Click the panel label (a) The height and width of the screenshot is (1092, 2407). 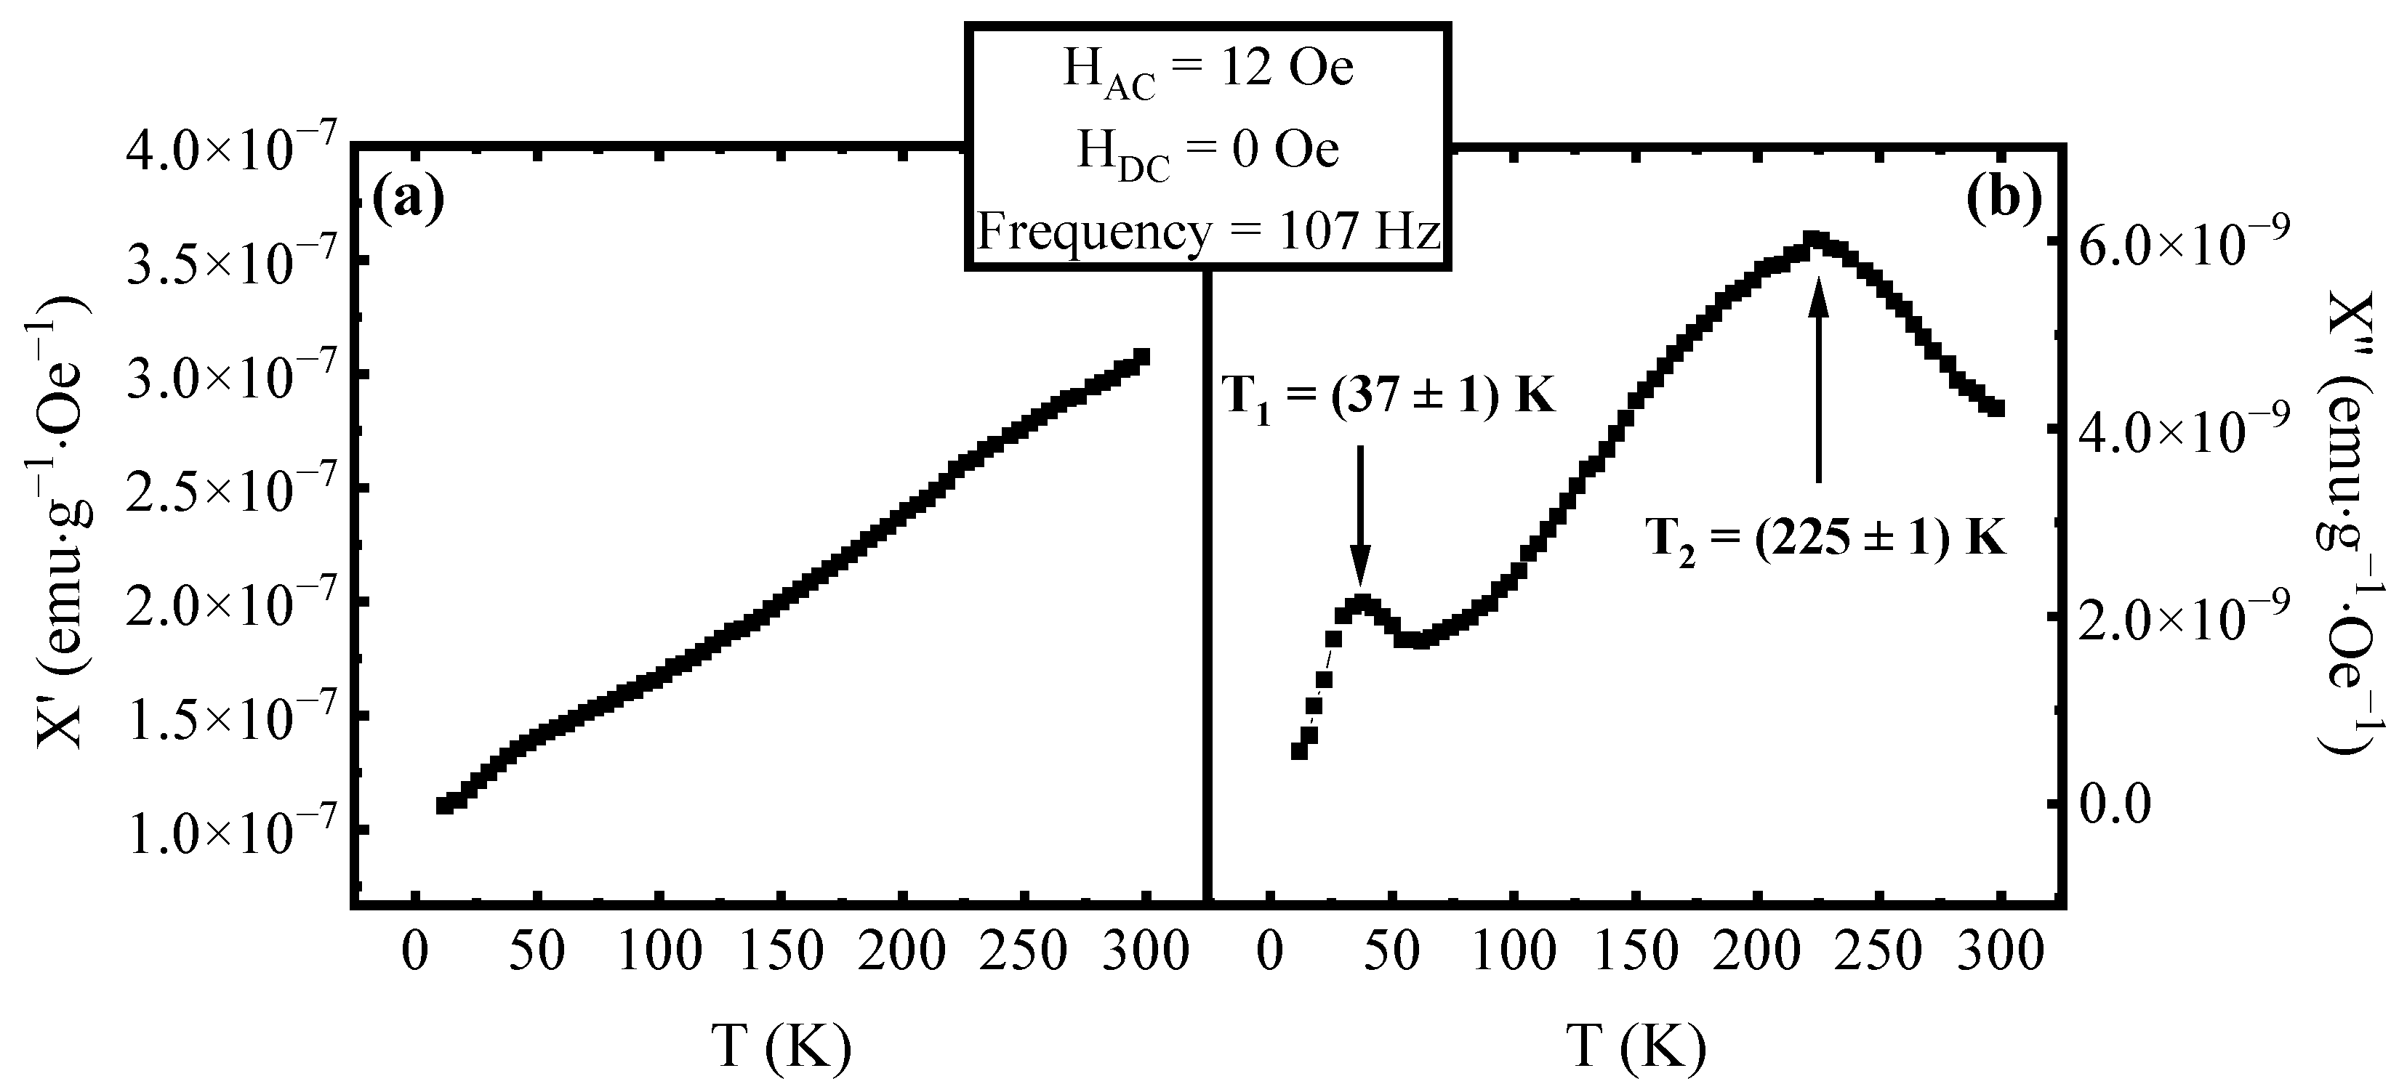(x=409, y=200)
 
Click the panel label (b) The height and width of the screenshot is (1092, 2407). (x=2004, y=200)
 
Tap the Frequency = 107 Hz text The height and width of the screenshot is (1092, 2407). (x=1208, y=232)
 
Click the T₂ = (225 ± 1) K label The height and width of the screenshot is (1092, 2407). (x=1825, y=540)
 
